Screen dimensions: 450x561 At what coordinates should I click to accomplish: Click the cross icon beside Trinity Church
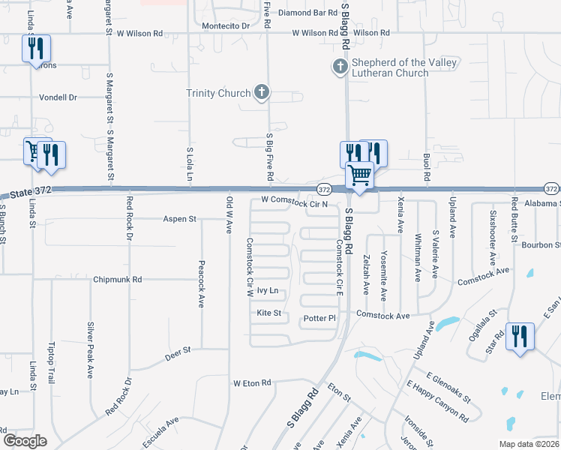pyautogui.click(x=261, y=93)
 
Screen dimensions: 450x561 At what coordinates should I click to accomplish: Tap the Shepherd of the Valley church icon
pyautogui.click(x=339, y=67)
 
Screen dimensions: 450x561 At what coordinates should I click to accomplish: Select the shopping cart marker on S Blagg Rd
pyautogui.click(x=360, y=176)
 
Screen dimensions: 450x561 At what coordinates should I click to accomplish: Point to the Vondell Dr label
pyautogui.click(x=58, y=97)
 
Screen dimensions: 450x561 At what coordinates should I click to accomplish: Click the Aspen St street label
pyautogui.click(x=180, y=219)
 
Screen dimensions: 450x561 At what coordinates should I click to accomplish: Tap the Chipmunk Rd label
pyautogui.click(x=118, y=280)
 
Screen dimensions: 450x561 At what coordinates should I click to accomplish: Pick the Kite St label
pyautogui.click(x=268, y=313)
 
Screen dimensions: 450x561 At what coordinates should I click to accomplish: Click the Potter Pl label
pyautogui.click(x=319, y=319)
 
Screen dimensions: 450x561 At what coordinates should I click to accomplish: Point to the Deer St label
pyautogui.click(x=178, y=349)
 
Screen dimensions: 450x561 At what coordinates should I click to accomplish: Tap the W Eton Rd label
pyautogui.click(x=251, y=383)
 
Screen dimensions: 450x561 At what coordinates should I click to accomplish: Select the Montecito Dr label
pyautogui.click(x=226, y=25)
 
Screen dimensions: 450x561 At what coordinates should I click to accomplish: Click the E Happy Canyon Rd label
pyautogui.click(x=438, y=401)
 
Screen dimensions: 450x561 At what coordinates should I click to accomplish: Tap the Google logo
pyautogui.click(x=25, y=441)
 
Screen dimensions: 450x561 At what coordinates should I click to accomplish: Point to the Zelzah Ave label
pyautogui.click(x=367, y=274)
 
